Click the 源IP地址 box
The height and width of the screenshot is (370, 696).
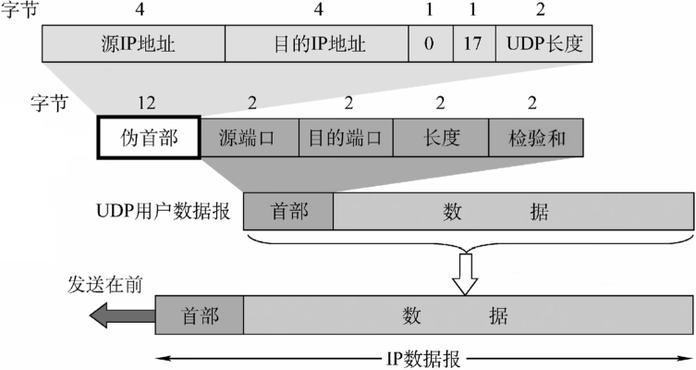click(x=134, y=43)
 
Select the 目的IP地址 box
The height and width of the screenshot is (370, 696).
click(x=317, y=43)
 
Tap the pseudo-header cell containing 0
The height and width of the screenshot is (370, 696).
click(x=431, y=43)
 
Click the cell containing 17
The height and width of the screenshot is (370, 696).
click(x=474, y=43)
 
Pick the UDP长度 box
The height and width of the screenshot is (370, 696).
click(x=544, y=43)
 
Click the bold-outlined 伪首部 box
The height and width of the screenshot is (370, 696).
click(x=149, y=137)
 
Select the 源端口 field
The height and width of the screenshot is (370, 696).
click(x=250, y=137)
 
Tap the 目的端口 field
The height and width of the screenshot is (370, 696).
click(x=347, y=137)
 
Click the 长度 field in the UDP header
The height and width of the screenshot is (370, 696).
click(x=441, y=137)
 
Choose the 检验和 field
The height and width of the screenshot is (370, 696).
click(x=536, y=137)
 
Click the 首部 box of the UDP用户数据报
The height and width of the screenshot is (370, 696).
click(x=288, y=211)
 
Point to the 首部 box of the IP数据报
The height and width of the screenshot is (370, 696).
click(x=200, y=314)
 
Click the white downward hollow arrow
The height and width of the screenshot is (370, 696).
click(x=465, y=275)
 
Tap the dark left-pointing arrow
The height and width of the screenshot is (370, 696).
click(x=122, y=315)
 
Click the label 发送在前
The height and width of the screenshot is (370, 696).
click(x=105, y=285)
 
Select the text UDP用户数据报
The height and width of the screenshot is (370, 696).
click(x=164, y=211)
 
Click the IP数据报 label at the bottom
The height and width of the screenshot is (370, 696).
click(x=423, y=359)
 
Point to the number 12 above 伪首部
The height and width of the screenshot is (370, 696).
click(x=146, y=103)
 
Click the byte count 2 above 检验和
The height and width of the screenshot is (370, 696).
click(x=532, y=103)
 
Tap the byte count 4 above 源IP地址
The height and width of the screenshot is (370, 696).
click(x=140, y=9)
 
